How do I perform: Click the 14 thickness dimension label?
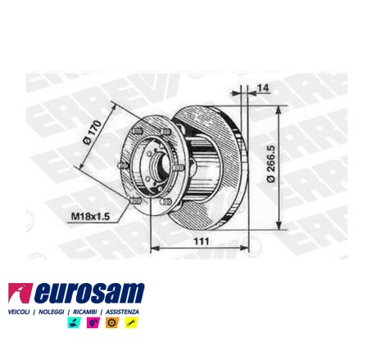pos(263,88)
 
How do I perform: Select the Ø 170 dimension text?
pos(93,133)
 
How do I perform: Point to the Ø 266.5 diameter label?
pos(271,164)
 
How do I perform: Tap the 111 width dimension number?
pos(202,241)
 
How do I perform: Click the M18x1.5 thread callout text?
pos(90,217)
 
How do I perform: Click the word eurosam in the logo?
pos(89,293)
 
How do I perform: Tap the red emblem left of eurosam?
pos(20,293)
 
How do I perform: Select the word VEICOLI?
pos(19,312)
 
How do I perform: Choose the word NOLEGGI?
pos(51,312)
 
